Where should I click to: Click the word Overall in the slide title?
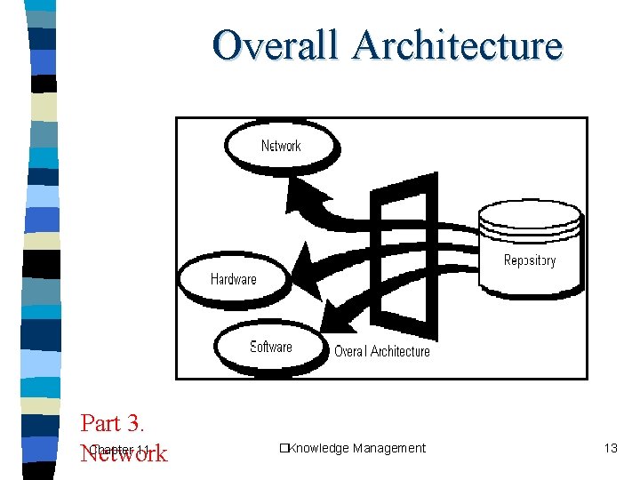(276, 45)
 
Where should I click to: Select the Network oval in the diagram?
(281, 145)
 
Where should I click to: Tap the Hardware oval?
(233, 279)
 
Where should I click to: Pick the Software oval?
(270, 347)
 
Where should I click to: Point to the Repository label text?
(530, 260)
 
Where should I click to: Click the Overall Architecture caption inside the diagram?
(381, 351)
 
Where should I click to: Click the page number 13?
(610, 448)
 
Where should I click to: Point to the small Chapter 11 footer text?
(119, 449)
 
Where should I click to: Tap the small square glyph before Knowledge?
(281, 448)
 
